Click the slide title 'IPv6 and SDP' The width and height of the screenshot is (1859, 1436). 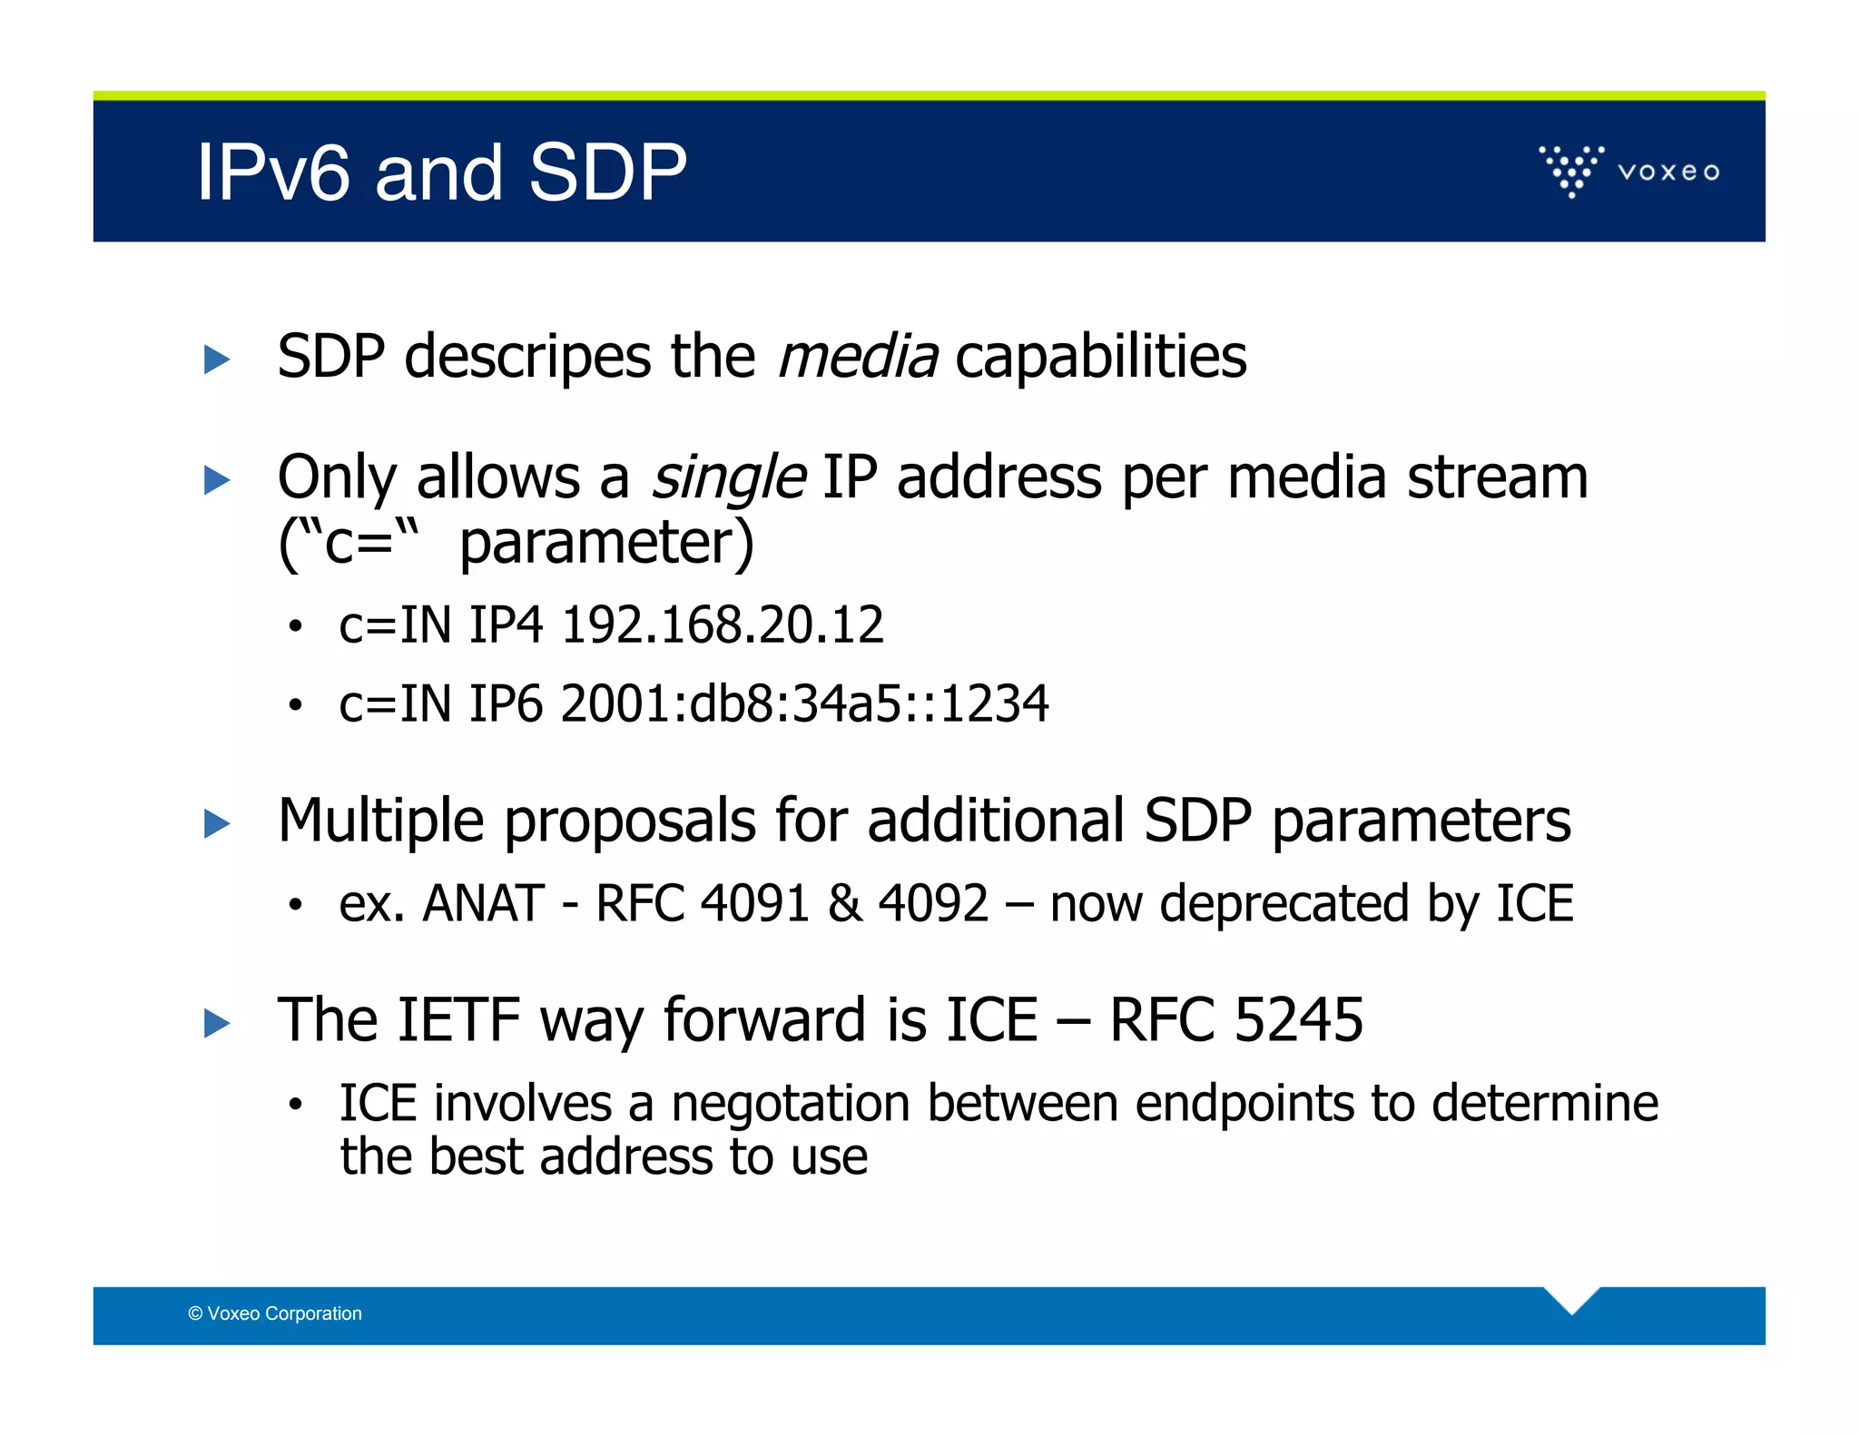pos(441,172)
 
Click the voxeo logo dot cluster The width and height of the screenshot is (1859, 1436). pos(1571,171)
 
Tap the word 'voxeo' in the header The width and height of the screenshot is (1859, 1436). pos(1668,172)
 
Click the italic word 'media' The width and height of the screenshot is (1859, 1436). pos(857,356)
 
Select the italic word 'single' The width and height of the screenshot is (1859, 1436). pos(728,477)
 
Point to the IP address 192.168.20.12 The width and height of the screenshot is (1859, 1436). pos(723,625)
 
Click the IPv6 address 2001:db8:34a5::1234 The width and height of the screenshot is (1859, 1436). pos(804,703)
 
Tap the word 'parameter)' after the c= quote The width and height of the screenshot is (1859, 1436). pos(606,542)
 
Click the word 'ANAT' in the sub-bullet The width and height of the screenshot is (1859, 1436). pos(483,904)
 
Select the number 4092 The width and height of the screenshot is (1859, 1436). pos(933,904)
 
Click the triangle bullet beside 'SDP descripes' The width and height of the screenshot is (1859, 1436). pos(216,359)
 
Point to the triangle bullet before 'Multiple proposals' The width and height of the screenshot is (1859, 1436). pos(216,824)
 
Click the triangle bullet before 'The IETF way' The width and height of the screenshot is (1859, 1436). pos(216,1024)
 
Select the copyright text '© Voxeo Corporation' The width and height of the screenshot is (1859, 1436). pos(275,1313)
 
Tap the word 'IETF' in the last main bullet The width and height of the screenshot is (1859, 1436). pos(458,1019)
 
